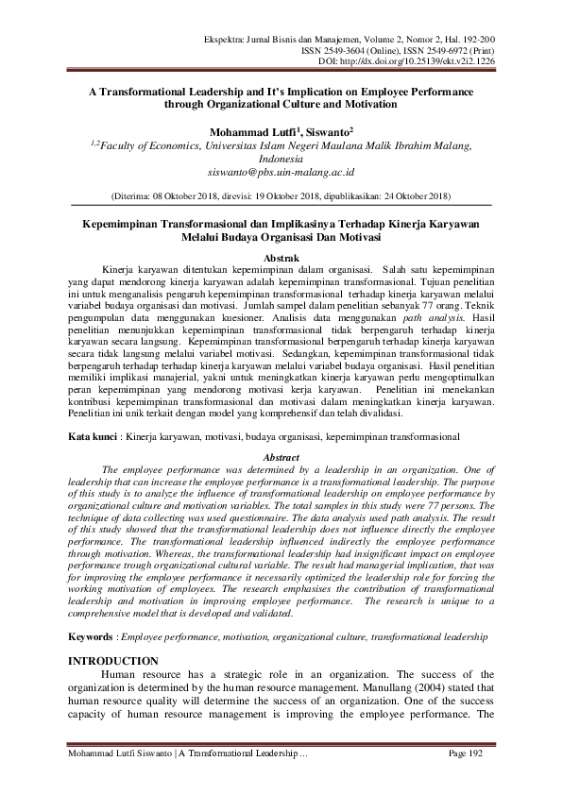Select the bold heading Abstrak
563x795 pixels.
(x=281, y=258)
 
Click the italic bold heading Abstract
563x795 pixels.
(x=281, y=456)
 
